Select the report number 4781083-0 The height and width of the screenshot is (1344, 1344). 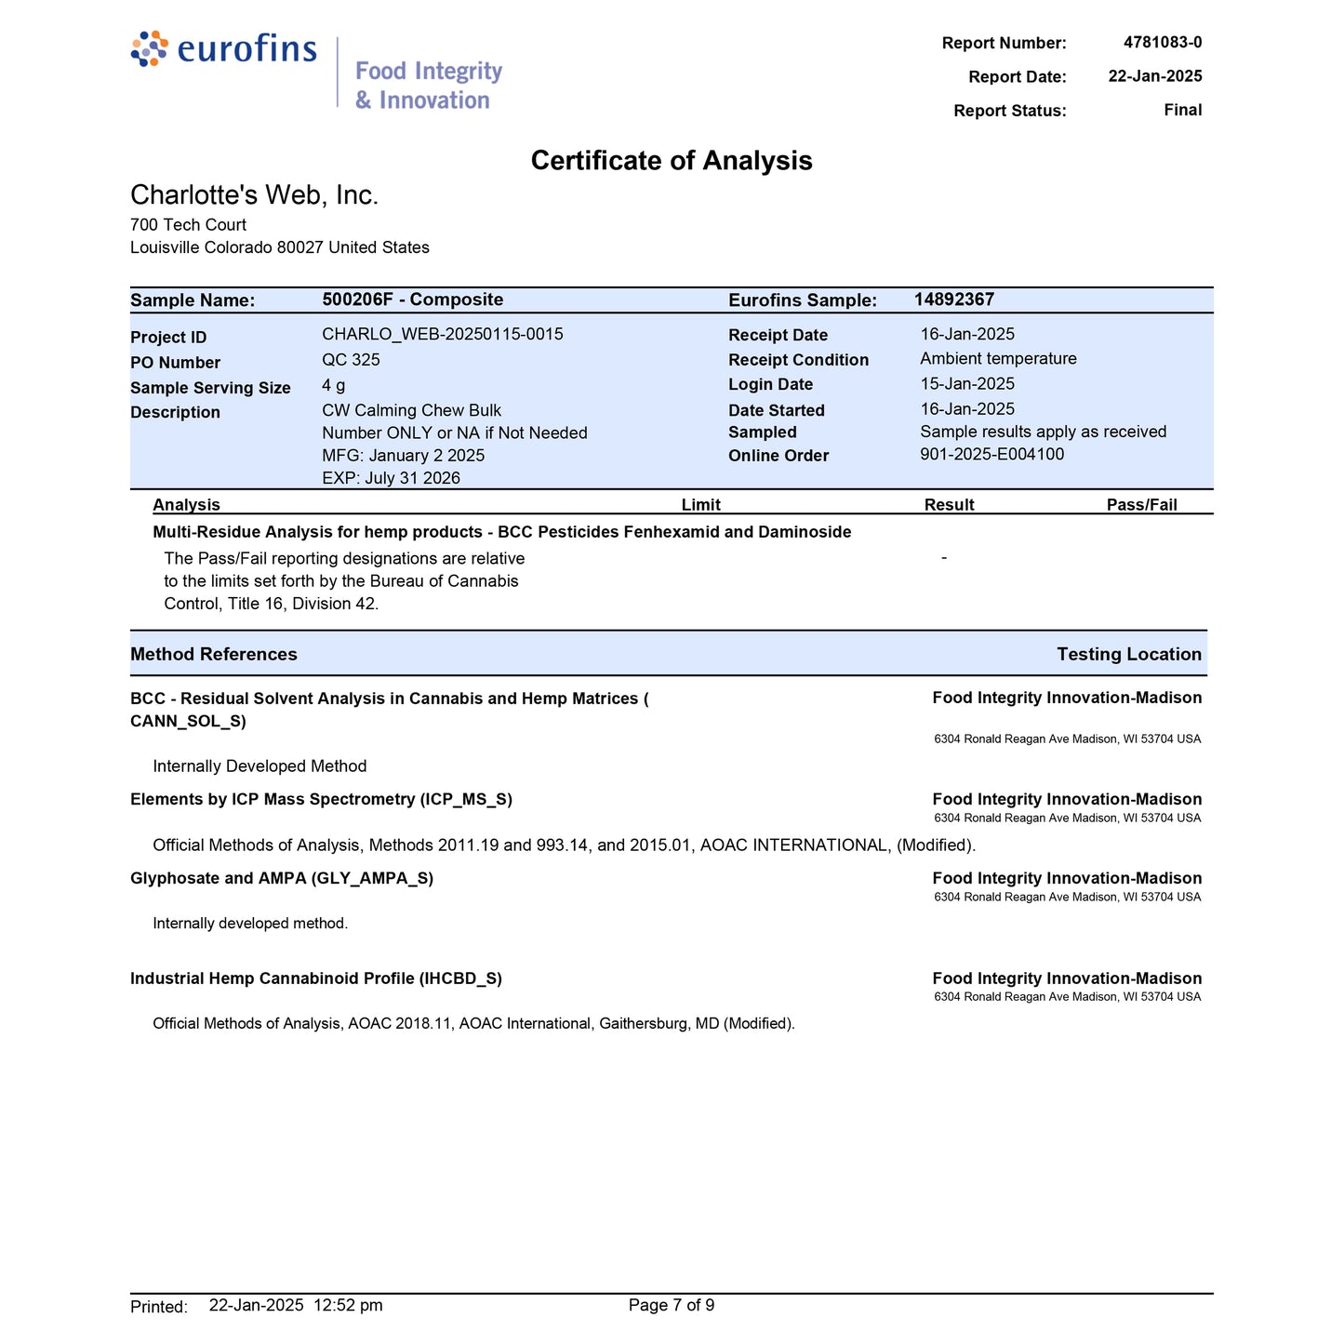[x=1162, y=43]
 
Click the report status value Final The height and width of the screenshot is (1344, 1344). [x=1182, y=111]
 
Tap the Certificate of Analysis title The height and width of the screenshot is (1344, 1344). [x=672, y=161]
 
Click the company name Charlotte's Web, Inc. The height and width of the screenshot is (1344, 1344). [x=254, y=195]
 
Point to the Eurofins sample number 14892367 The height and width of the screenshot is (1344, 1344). [x=953, y=299]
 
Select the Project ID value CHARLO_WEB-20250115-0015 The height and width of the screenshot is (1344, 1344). [x=442, y=334]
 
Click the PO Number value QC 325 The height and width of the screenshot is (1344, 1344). [x=351, y=360]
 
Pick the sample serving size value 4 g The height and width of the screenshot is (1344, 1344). [x=333, y=385]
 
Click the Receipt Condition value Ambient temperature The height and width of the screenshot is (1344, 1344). [x=998, y=359]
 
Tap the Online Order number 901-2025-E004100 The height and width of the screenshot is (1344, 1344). [x=991, y=454]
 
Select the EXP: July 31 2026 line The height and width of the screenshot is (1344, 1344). [x=391, y=478]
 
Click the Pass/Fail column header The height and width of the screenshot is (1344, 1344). [x=1141, y=505]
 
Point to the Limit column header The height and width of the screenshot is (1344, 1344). [x=700, y=505]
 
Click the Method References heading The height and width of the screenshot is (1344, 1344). [x=214, y=654]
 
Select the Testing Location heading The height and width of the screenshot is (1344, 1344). [x=1129, y=654]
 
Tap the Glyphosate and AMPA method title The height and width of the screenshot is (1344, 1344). [x=282, y=879]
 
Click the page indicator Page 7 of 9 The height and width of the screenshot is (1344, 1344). [x=672, y=1306]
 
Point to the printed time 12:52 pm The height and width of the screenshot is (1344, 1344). [x=349, y=1306]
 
